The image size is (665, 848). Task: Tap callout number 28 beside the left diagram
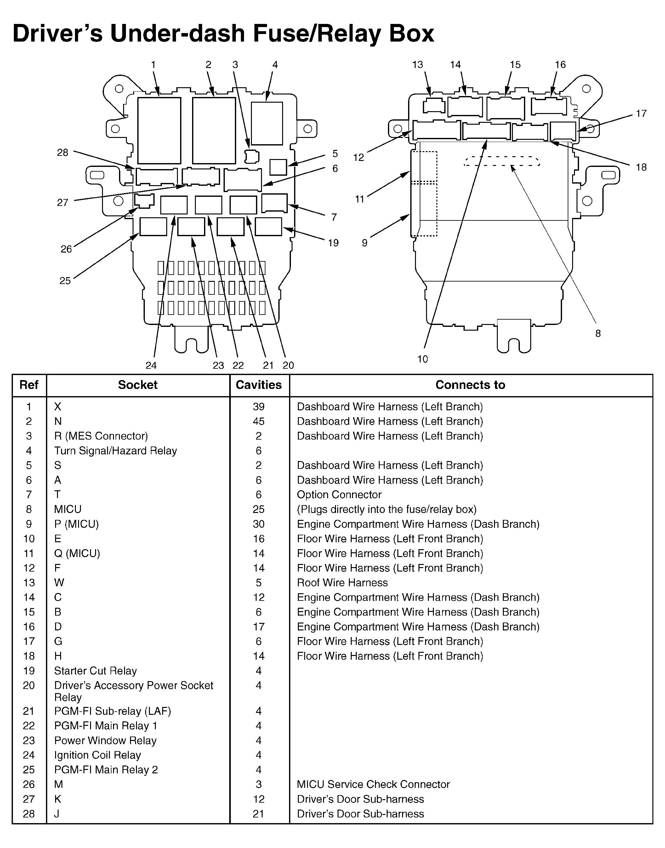[63, 153]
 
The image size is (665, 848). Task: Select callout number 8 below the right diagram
[598, 333]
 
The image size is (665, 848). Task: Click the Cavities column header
[259, 385]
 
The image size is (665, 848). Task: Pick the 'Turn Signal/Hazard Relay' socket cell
[116, 451]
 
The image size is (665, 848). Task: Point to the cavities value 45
[259, 421]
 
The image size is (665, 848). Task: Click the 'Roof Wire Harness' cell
[342, 583]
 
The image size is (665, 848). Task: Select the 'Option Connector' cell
[339, 495]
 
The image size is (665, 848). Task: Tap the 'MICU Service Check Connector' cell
[373, 784]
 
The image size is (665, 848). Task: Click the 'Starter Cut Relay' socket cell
[95, 671]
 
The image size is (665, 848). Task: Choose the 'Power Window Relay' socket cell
[105, 741]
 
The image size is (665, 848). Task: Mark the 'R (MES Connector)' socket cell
[101, 436]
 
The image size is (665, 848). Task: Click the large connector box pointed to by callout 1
[159, 130]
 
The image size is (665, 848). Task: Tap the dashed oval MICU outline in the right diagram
[502, 162]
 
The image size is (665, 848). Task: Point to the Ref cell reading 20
[29, 686]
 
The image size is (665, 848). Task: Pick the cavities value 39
[259, 407]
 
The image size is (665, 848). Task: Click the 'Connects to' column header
[470, 385]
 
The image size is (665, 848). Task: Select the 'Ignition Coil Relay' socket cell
[97, 755]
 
